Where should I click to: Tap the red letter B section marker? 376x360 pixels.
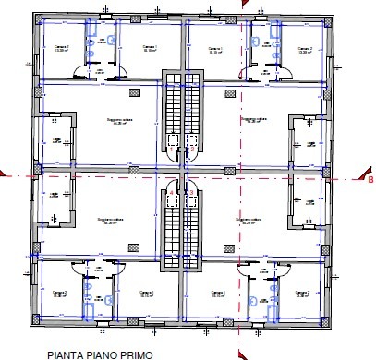pos(370,180)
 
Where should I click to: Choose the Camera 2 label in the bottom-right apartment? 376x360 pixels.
pos(302,294)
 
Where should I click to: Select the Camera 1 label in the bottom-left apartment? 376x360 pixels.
pos(145,294)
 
